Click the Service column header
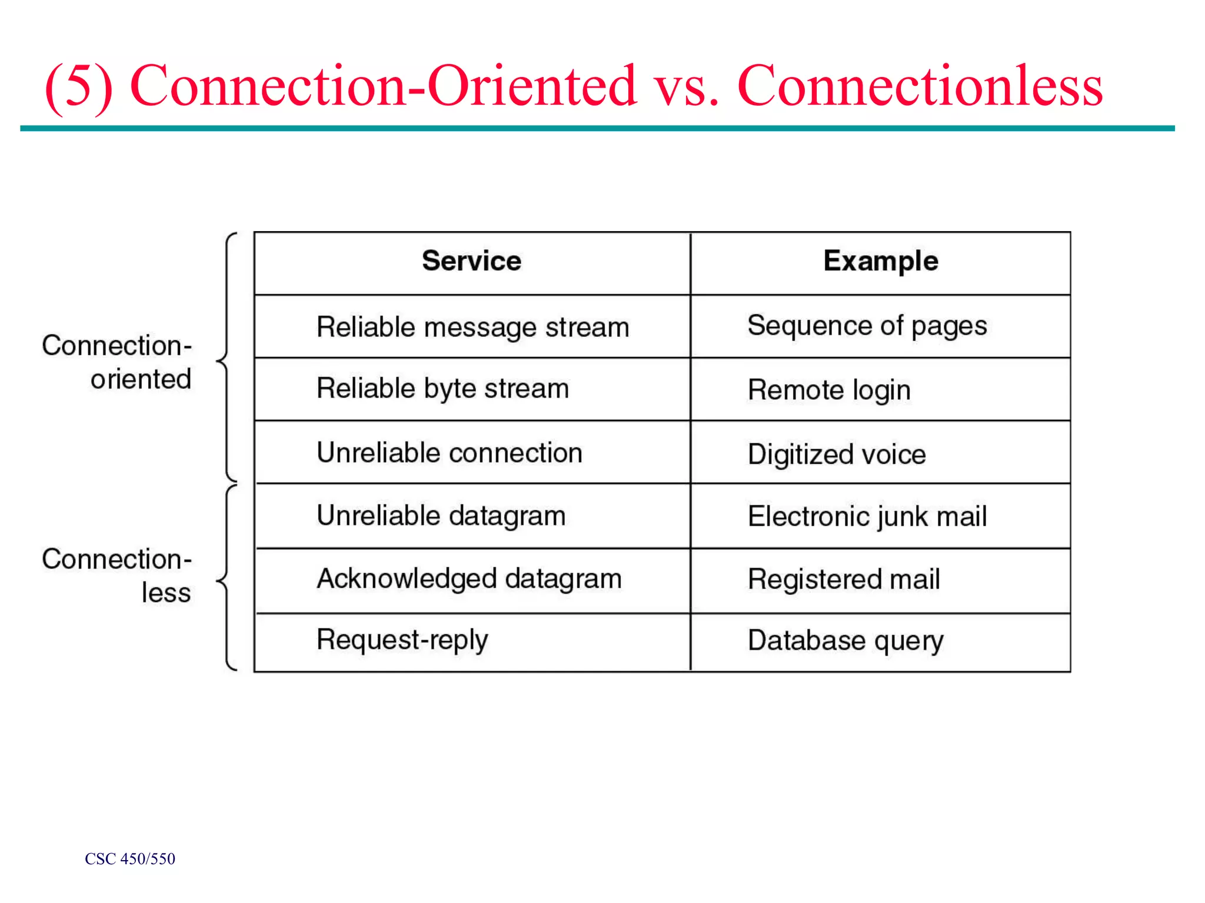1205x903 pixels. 471,260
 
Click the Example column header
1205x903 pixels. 880,260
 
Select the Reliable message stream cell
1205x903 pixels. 472,327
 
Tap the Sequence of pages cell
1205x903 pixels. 867,326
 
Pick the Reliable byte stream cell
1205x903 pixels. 442,389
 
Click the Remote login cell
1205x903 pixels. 829,390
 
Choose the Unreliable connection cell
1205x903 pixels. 450,453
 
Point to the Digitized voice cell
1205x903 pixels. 837,454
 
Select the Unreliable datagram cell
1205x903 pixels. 441,516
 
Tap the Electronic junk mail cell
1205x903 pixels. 867,517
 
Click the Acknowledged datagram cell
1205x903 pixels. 469,578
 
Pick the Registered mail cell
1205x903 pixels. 844,580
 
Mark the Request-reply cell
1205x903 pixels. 402,640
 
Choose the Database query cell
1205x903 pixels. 846,641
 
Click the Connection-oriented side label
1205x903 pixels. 117,362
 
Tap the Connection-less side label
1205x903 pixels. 117,576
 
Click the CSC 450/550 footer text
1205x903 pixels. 130,859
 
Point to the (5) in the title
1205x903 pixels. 79,87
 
